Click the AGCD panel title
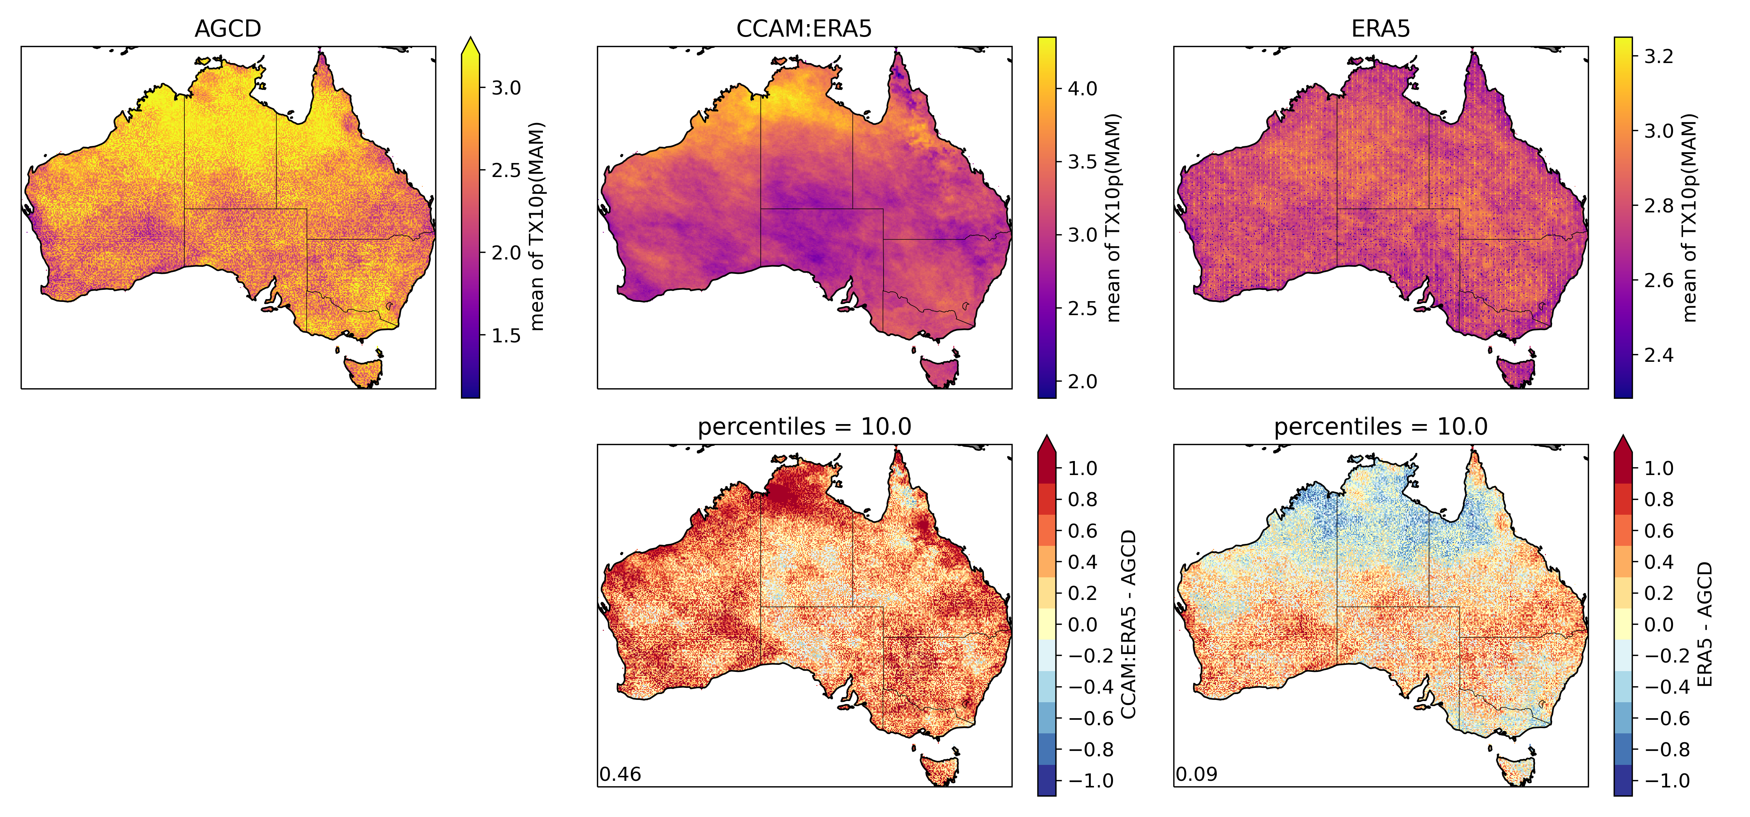coord(227,28)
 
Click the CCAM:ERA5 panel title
coord(804,28)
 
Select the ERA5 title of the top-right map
coord(1381,28)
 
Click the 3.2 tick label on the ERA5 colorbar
coord(1658,56)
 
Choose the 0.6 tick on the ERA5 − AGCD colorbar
coord(1658,531)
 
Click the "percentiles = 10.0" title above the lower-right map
coord(1381,427)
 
